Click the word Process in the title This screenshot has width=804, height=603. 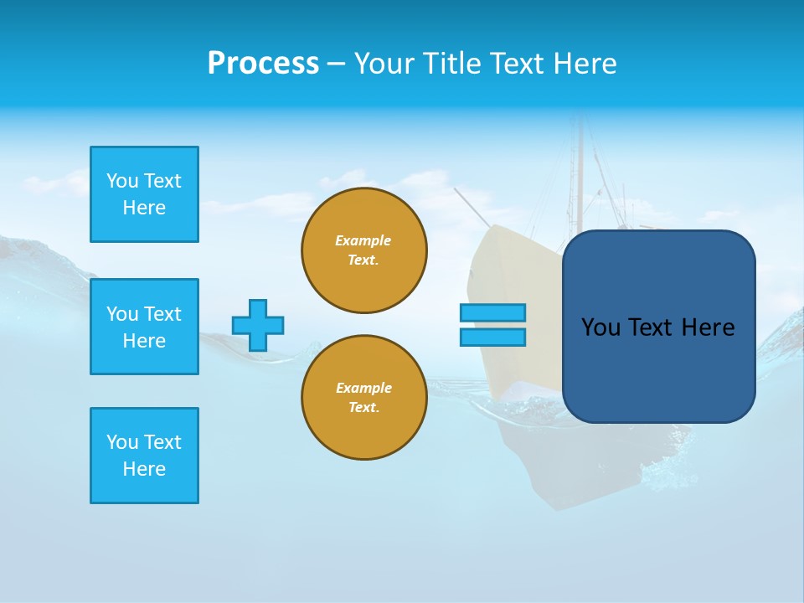click(x=263, y=64)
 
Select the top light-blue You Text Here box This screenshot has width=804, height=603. click(x=144, y=194)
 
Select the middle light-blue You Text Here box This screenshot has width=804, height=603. click(x=144, y=327)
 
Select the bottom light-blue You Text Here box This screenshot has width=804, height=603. click(x=144, y=456)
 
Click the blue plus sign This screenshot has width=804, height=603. click(x=258, y=325)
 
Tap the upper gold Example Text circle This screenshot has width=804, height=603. click(x=364, y=250)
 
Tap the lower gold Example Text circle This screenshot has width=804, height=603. click(x=364, y=398)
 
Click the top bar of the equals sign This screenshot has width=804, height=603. click(x=492, y=312)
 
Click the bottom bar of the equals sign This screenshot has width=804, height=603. click(x=492, y=337)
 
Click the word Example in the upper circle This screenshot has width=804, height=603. click(x=363, y=240)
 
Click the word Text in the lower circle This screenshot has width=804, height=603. click(x=363, y=408)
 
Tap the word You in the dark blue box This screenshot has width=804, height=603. click(x=600, y=327)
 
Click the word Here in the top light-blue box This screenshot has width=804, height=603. click(x=144, y=208)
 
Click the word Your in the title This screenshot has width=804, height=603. click(x=385, y=64)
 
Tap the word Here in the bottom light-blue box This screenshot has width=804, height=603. click(x=144, y=469)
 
